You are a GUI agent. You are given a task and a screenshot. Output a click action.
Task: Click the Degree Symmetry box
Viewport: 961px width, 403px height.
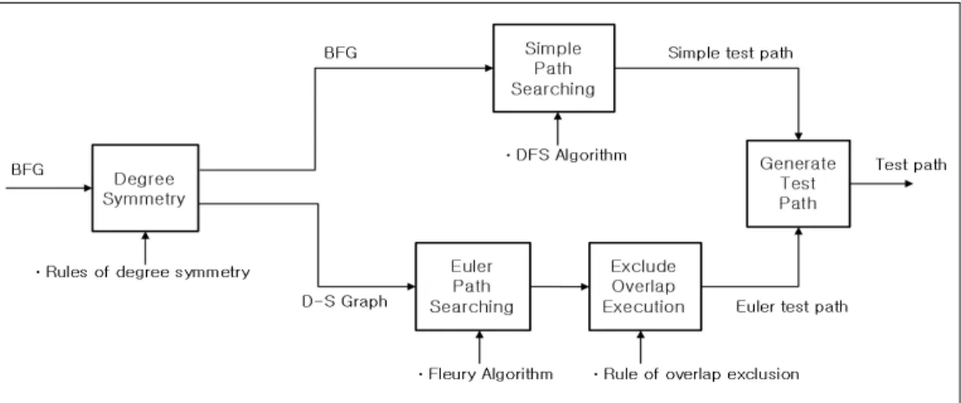145,188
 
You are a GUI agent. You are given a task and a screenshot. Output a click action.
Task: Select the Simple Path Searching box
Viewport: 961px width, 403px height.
554,68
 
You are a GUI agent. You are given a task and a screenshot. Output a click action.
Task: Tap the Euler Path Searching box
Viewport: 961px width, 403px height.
473,286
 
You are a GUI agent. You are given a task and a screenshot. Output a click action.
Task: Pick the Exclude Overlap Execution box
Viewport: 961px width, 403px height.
645,286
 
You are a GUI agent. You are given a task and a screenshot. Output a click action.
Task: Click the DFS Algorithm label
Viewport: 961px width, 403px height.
566,155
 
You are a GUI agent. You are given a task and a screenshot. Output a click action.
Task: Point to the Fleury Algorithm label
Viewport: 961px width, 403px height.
486,374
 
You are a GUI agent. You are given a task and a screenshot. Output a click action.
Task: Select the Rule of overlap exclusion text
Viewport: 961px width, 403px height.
696,374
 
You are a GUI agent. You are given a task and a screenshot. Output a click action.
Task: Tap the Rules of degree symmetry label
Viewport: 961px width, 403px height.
142,272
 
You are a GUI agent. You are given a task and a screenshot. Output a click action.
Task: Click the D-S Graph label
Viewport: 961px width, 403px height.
344,302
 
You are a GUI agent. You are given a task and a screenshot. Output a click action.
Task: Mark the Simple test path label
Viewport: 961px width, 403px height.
731,53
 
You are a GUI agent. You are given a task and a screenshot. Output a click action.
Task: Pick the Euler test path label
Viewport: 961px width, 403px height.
792,306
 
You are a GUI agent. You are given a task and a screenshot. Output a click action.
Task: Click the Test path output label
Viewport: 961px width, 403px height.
911,165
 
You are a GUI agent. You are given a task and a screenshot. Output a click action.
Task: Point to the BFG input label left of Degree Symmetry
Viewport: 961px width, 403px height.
28,170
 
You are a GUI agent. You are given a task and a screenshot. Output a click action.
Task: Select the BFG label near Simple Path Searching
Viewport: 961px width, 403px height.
341,53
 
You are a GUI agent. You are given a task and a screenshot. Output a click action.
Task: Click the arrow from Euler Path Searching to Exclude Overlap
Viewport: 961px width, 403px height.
559,286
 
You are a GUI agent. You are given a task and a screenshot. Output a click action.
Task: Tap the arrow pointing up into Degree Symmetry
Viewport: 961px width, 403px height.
145,248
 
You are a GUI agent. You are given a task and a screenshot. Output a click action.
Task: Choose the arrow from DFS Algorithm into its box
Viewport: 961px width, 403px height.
557,129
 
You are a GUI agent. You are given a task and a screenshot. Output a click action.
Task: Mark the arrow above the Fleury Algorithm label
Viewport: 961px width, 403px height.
480,348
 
